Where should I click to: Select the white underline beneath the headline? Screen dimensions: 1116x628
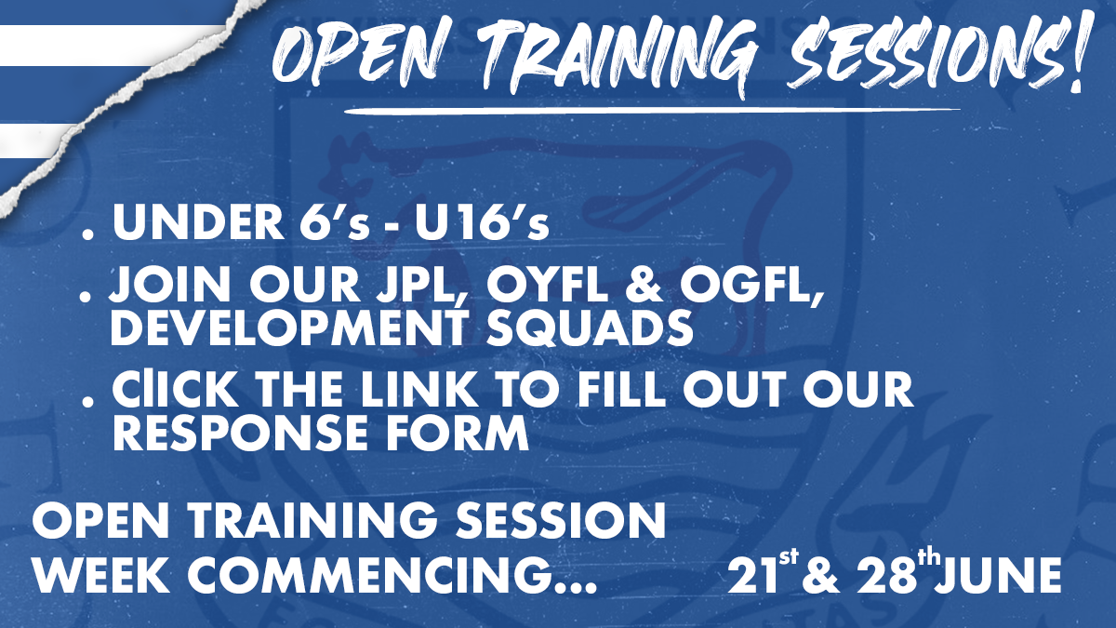(x=653, y=111)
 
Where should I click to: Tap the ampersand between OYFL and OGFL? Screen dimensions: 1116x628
(x=644, y=287)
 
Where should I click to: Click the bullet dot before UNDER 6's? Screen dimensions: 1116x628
(x=87, y=234)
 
